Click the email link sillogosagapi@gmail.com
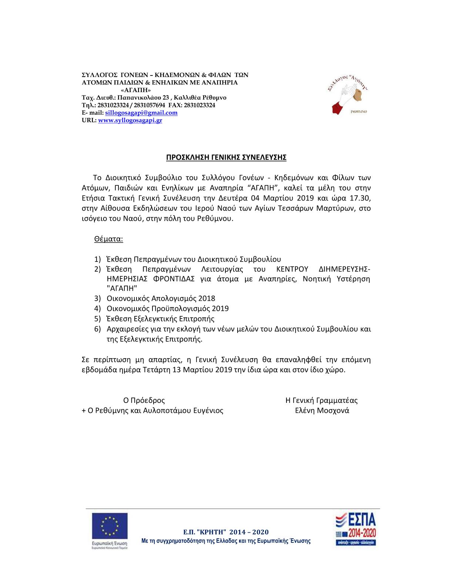[x=141, y=113]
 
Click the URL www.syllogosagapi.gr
[x=130, y=121]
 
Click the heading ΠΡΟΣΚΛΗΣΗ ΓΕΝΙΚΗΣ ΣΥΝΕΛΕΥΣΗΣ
[x=226, y=158]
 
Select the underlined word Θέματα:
[x=108, y=239]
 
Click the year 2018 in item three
[x=207, y=299]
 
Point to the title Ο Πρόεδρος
[x=144, y=400]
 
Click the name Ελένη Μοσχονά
[x=322, y=411]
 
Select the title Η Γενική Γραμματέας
[x=321, y=400]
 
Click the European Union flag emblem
[x=110, y=526]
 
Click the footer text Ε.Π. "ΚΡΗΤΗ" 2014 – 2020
[x=226, y=532]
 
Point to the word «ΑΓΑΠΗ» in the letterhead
[x=136, y=90]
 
